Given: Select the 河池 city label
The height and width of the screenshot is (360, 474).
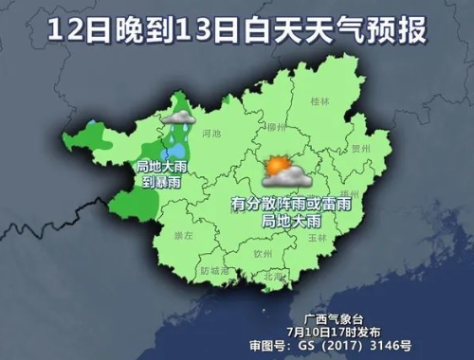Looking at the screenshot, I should pyautogui.click(x=213, y=135).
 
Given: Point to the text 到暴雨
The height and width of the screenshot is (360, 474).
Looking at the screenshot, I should pyautogui.click(x=159, y=181).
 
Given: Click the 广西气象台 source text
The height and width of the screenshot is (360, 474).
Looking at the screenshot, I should pyautogui.click(x=317, y=319).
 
